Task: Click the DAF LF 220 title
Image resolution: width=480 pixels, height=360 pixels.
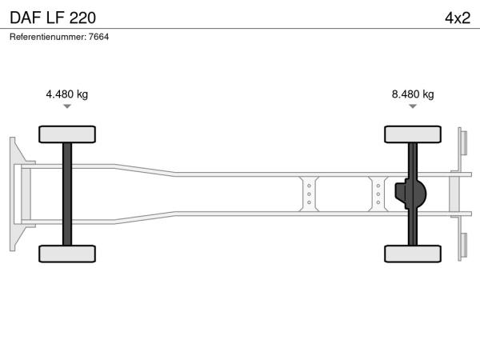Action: click(53, 18)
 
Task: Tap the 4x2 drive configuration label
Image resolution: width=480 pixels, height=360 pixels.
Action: click(458, 18)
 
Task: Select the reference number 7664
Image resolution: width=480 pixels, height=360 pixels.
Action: click(98, 37)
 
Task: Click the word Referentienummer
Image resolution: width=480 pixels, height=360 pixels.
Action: click(48, 37)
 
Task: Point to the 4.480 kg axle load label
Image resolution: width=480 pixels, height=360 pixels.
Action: click(66, 94)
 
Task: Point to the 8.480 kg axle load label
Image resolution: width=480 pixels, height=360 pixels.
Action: click(413, 94)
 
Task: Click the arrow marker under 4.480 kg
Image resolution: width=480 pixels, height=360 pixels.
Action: click(67, 106)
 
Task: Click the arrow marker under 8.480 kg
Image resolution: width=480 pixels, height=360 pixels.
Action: click(413, 106)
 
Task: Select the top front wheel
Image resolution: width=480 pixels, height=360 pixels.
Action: click(67, 134)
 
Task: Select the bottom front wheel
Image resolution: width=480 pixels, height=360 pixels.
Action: click(67, 254)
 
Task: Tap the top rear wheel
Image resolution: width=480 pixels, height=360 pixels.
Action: click(413, 134)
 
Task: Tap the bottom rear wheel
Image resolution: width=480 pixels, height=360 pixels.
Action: click(413, 254)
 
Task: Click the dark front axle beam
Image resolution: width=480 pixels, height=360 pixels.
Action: click(67, 194)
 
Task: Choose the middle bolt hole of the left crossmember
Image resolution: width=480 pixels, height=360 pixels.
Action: click(309, 194)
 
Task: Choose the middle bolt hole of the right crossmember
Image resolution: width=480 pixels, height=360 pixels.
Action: click(378, 194)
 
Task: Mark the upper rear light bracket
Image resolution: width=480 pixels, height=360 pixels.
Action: click(462, 143)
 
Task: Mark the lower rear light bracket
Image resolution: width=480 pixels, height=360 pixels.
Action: click(462, 245)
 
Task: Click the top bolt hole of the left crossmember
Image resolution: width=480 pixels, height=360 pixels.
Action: click(309, 186)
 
